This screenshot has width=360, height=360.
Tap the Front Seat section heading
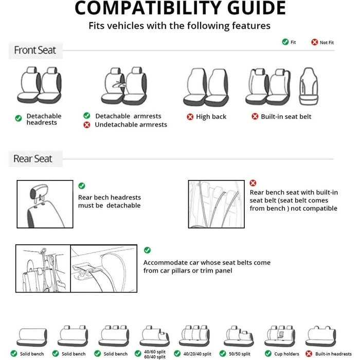(x=35, y=50)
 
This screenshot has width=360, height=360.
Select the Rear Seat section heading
(x=33, y=159)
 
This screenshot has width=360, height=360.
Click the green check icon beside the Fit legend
(x=285, y=42)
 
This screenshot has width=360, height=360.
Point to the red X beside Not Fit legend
(x=314, y=42)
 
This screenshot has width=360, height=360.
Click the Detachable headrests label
(x=44, y=119)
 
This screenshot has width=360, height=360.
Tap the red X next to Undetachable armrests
(x=86, y=124)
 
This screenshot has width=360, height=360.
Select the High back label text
(x=211, y=117)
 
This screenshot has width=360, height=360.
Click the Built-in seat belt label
(x=286, y=117)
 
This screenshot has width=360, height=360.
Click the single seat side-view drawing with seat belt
(x=309, y=85)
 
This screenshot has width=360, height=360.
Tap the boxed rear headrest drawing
(x=45, y=204)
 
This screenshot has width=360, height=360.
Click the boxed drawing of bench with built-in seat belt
(x=216, y=204)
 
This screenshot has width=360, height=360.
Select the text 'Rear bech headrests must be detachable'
(x=110, y=201)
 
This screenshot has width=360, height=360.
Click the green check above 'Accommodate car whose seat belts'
(x=148, y=250)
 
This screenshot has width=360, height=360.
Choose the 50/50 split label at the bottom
(x=239, y=354)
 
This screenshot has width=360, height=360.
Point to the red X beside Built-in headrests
(x=309, y=354)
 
